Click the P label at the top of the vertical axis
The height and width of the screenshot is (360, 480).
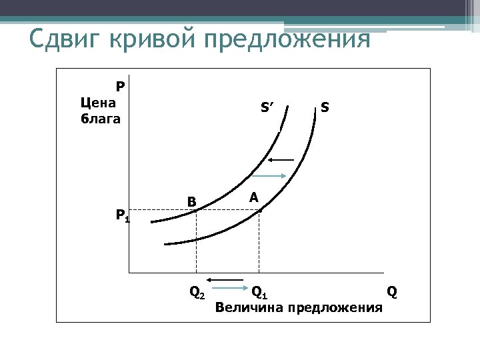(x=120, y=86)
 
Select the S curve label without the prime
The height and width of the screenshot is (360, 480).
(x=324, y=106)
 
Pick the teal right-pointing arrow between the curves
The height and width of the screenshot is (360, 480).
(x=273, y=175)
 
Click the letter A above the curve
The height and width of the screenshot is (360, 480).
(x=253, y=197)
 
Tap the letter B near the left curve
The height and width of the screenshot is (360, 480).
(x=191, y=201)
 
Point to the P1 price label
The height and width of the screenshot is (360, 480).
(x=122, y=215)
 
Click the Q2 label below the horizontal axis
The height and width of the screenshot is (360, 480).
(x=197, y=292)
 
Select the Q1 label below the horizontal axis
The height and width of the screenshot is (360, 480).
(x=259, y=292)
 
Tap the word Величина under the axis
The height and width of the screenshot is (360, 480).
(x=246, y=307)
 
